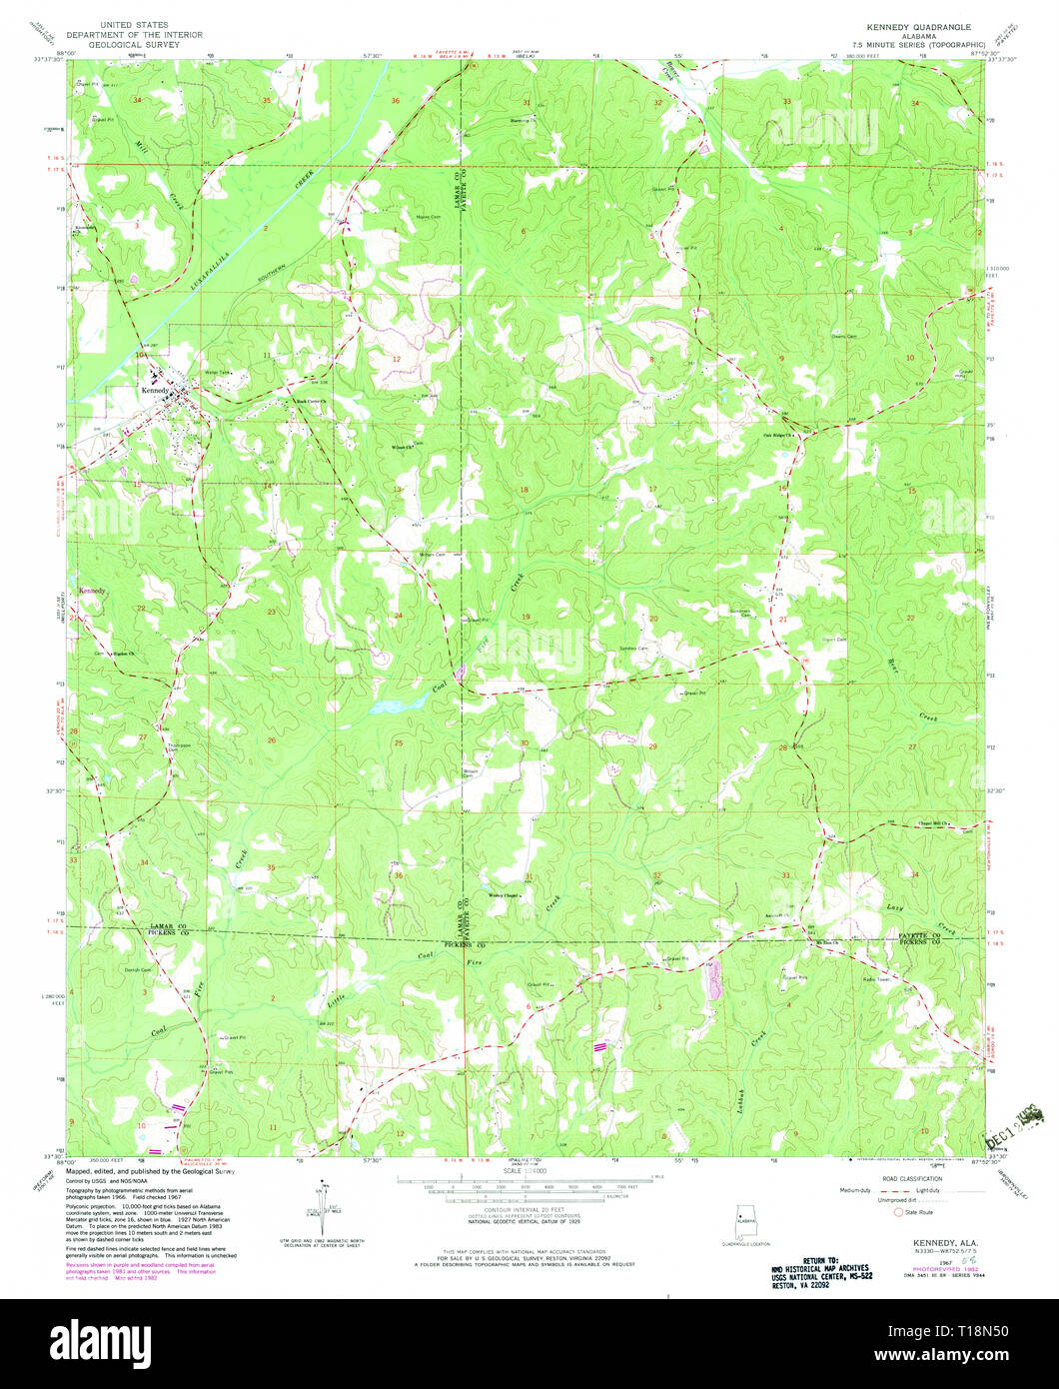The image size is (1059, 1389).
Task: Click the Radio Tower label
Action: click(876, 979)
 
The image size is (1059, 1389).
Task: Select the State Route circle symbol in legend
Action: click(897, 1211)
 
